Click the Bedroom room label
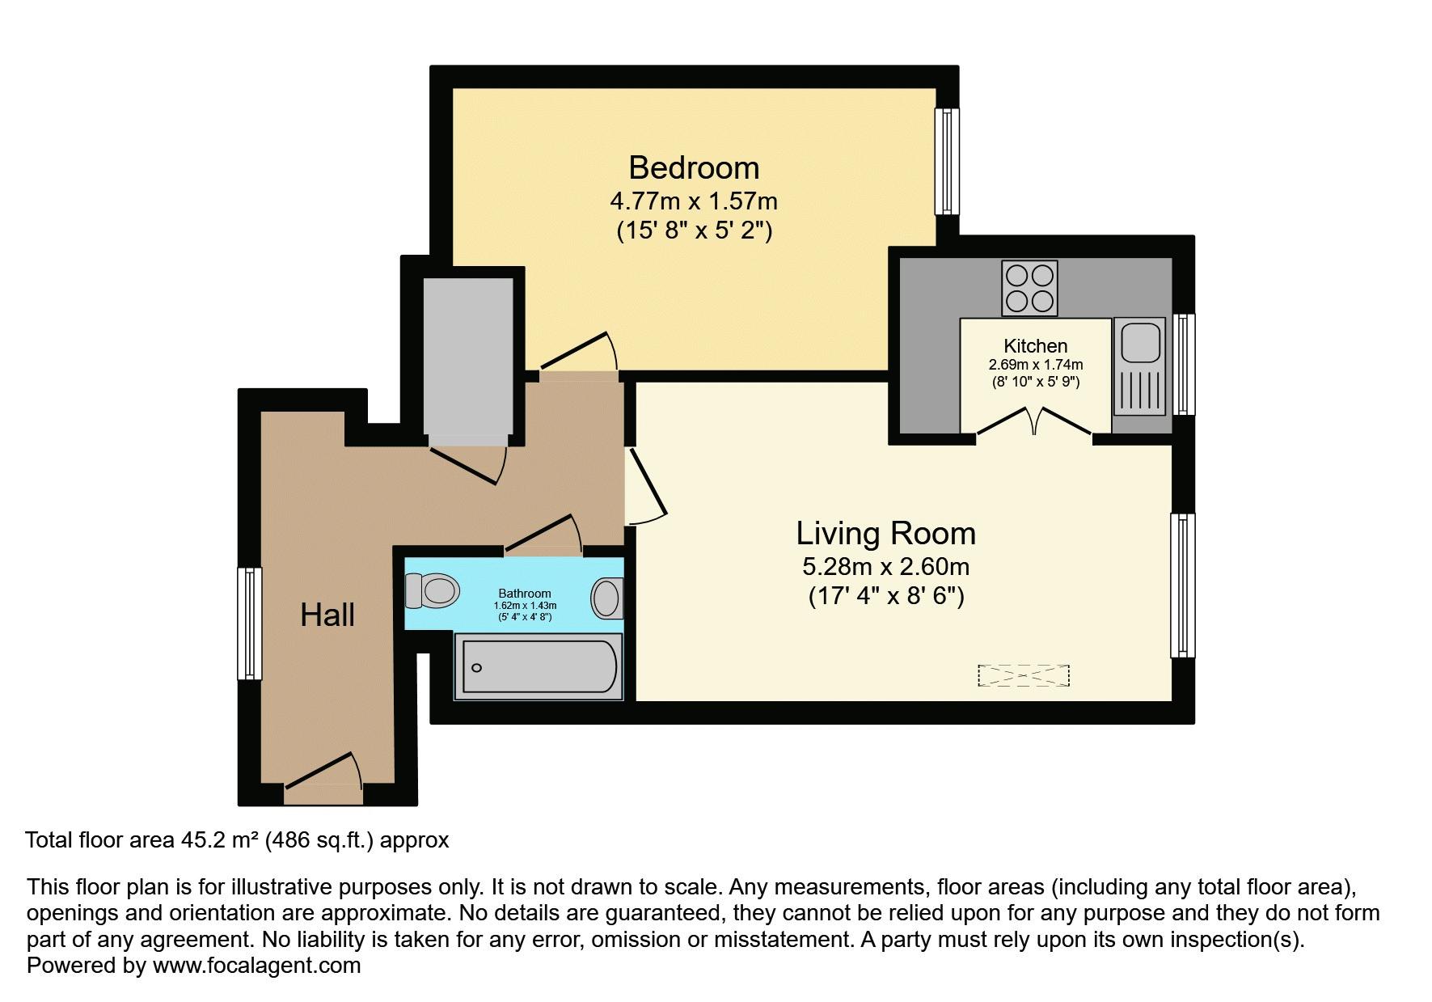pos(694,167)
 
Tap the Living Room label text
pos(885,533)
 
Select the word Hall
pos(327,615)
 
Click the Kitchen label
pos(1035,345)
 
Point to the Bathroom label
pos(525,594)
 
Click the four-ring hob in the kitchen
pos(1029,288)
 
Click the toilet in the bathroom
pos(432,590)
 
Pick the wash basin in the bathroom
pos(607,599)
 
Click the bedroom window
pos(946,161)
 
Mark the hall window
pos(249,623)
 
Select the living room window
pos(1182,585)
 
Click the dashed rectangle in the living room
pos(1023,675)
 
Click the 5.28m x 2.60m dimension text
pos(885,566)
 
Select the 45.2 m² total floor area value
pos(215,840)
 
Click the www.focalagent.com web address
pos(256,965)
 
